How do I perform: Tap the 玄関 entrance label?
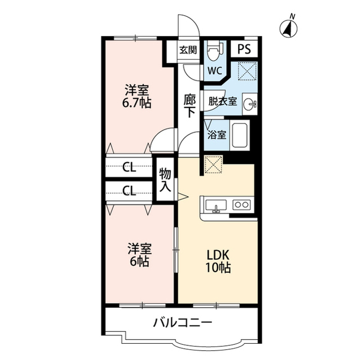(188, 50)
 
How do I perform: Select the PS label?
(244, 49)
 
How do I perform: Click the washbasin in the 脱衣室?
(252, 104)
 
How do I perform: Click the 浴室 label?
(217, 135)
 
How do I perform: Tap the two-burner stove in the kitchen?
(241, 205)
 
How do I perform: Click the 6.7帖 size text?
(138, 104)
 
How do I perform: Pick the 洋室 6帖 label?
(138, 255)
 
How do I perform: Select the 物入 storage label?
(165, 180)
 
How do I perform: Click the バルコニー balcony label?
(182, 323)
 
